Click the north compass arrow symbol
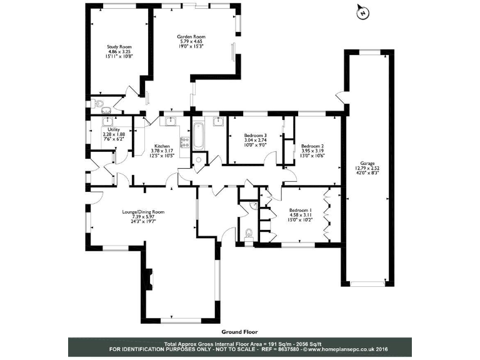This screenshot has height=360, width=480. pyautogui.click(x=361, y=11)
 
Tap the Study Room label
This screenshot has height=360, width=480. pyautogui.click(x=119, y=47)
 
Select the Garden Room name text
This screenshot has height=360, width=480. pyautogui.click(x=191, y=37)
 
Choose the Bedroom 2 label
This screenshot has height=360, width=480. pyautogui.click(x=312, y=144)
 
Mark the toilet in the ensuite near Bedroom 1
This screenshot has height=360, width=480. pyautogui.click(x=249, y=234)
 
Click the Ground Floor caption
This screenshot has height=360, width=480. pyautogui.click(x=239, y=332)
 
